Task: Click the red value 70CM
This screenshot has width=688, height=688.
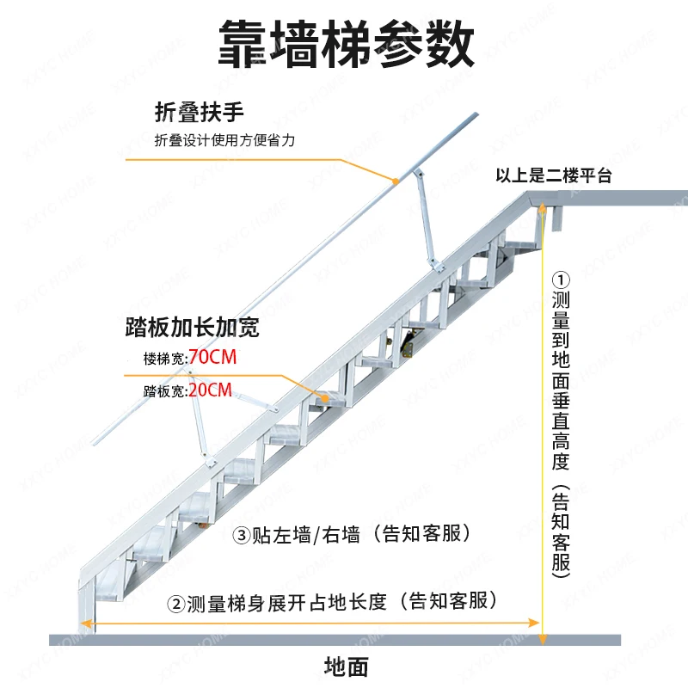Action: pyautogui.click(x=211, y=358)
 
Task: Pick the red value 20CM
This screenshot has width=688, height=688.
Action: pyautogui.click(x=211, y=391)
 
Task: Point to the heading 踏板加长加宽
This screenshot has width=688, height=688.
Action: pyautogui.click(x=191, y=329)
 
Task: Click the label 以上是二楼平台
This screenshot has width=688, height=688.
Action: pyautogui.click(x=553, y=176)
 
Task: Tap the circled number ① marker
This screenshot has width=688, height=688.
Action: pyautogui.click(x=561, y=280)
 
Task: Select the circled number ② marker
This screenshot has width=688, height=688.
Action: pyautogui.click(x=175, y=601)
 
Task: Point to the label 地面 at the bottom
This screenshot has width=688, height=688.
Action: pyautogui.click(x=346, y=666)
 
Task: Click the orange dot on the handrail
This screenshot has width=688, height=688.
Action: pyautogui.click(x=395, y=181)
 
